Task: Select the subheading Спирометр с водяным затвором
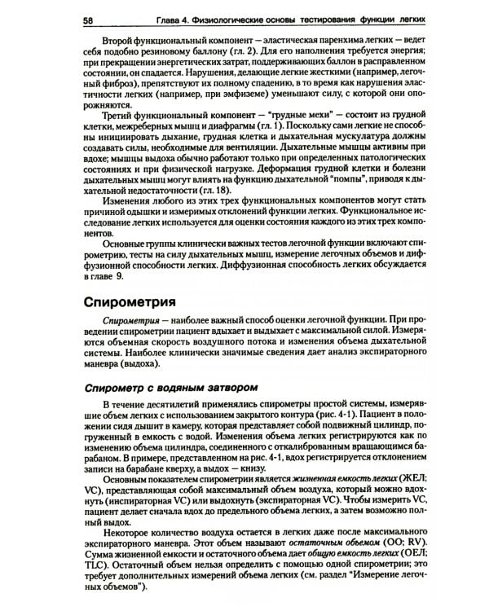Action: [173, 385]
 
